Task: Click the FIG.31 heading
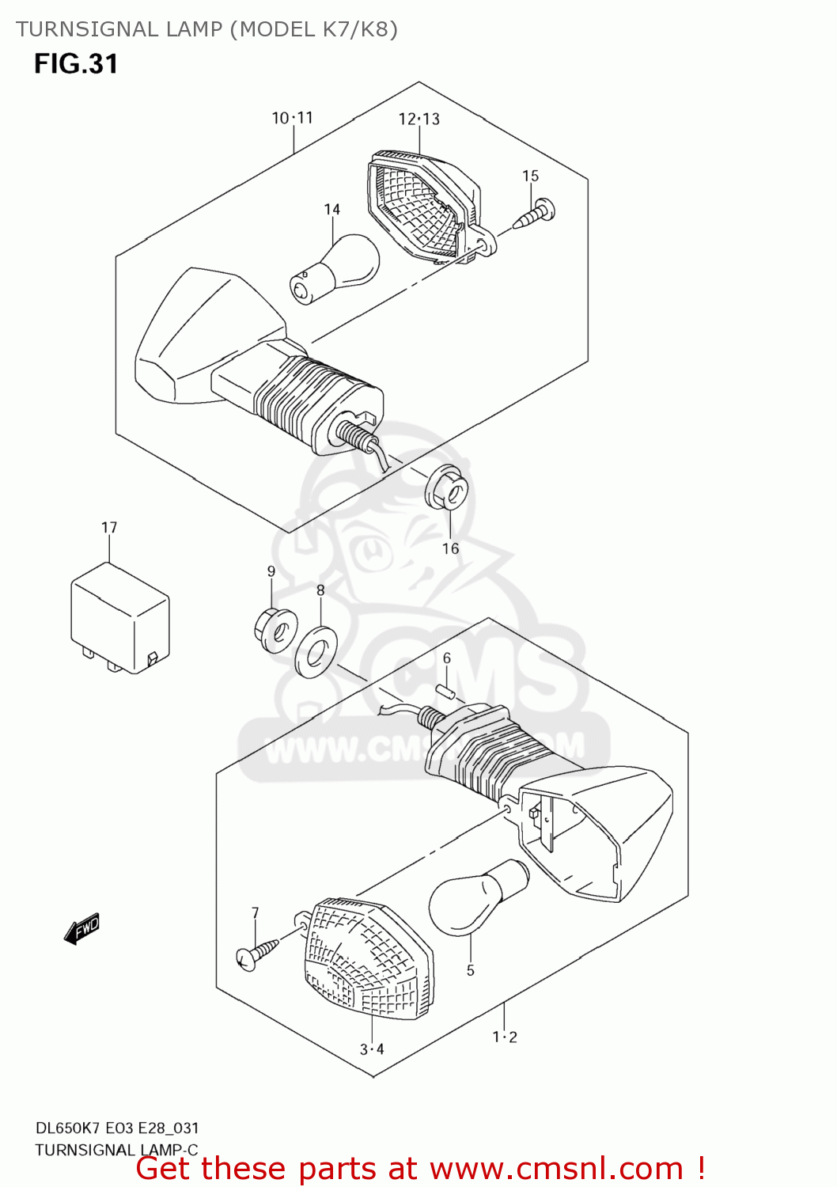click(x=76, y=64)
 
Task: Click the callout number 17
click(x=109, y=527)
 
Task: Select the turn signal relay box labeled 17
click(x=119, y=617)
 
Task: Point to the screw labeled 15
click(x=535, y=214)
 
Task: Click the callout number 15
click(x=530, y=176)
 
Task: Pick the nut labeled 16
click(x=448, y=490)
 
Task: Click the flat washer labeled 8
click(x=316, y=651)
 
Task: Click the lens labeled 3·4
click(x=369, y=957)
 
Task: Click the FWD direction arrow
click(x=82, y=928)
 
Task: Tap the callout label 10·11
click(x=293, y=118)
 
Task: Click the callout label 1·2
click(x=505, y=1037)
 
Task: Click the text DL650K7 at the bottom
click(x=67, y=1128)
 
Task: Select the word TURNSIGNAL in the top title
click(x=87, y=29)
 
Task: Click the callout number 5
click(x=471, y=970)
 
